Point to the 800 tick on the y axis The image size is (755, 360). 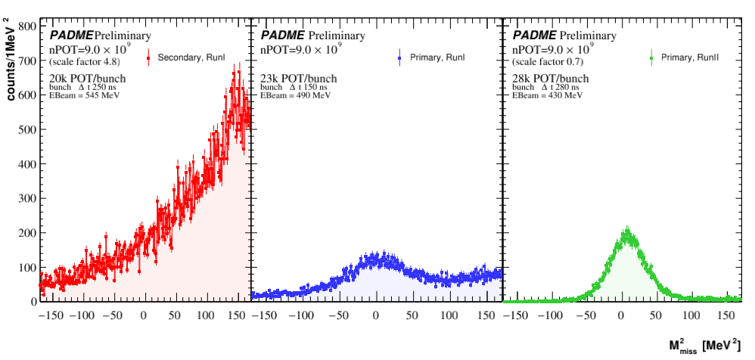(x=28, y=26)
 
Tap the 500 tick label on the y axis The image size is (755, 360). (x=28, y=129)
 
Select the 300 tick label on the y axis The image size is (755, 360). (x=28, y=198)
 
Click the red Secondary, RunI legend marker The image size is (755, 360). (x=149, y=57)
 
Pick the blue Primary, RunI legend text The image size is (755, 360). (x=437, y=57)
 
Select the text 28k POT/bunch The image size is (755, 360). (x=551, y=79)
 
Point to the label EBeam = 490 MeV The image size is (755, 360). (x=296, y=96)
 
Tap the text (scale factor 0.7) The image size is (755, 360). (x=551, y=61)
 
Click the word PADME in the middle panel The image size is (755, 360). (x=283, y=36)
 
